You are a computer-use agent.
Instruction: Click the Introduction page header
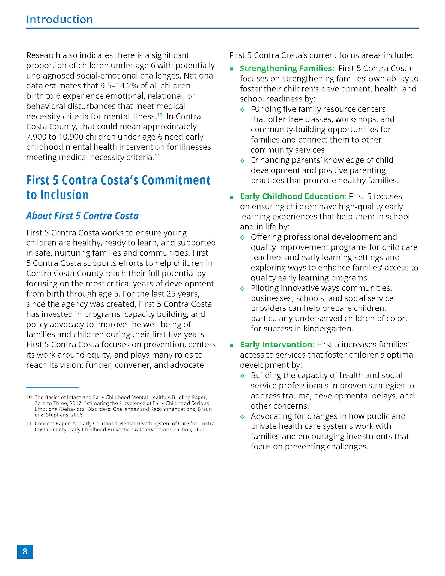pyautogui.click(x=60, y=20)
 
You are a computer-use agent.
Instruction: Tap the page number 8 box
pyautogui.click(x=25, y=551)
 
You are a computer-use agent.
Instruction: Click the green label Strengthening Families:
pyautogui.click(x=287, y=68)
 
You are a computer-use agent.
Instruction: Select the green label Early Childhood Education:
pyautogui.click(x=293, y=196)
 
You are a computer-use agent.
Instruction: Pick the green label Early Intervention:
pyautogui.click(x=277, y=345)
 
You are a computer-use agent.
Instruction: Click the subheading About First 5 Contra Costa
pyautogui.click(x=82, y=216)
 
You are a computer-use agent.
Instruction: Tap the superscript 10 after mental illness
pyautogui.click(x=160, y=115)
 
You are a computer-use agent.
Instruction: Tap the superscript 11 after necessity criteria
pyautogui.click(x=157, y=155)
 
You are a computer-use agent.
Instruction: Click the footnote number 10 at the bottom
pyautogui.click(x=29, y=397)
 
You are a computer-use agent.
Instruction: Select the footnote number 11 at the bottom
pyautogui.click(x=29, y=424)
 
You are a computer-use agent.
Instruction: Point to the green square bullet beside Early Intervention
pyautogui.click(x=231, y=345)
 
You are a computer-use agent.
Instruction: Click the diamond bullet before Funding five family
pyautogui.click(x=242, y=109)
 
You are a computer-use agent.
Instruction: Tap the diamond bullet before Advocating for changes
pyautogui.click(x=242, y=417)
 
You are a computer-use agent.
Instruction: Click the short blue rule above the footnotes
pyautogui.click(x=52, y=387)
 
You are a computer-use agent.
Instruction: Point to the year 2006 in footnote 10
pyautogui.click(x=77, y=415)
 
